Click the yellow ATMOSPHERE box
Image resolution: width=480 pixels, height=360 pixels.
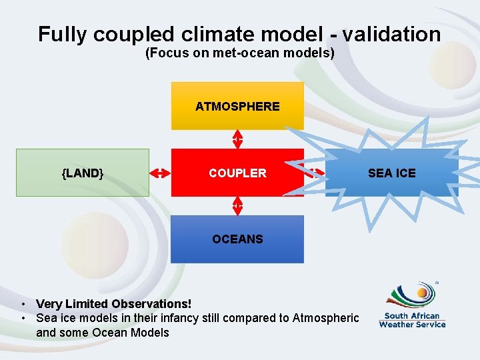(237, 106)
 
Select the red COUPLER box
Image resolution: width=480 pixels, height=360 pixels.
(237, 173)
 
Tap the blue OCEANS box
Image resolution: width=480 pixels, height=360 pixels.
(237, 239)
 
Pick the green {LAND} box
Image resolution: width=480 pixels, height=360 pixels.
(83, 173)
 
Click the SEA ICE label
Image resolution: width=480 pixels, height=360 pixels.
(391, 173)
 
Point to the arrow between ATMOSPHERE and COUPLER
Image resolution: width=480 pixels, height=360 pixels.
(237, 139)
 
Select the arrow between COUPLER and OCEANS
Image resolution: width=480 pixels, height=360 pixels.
(237, 206)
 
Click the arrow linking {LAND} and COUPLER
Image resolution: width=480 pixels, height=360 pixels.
(160, 173)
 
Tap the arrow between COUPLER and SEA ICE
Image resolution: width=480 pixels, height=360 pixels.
(314, 173)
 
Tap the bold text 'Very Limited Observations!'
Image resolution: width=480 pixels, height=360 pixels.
(113, 304)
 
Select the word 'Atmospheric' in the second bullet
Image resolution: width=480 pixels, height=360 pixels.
(325, 318)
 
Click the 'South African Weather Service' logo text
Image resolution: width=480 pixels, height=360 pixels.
(412, 320)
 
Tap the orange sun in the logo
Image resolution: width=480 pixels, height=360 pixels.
(423, 292)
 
